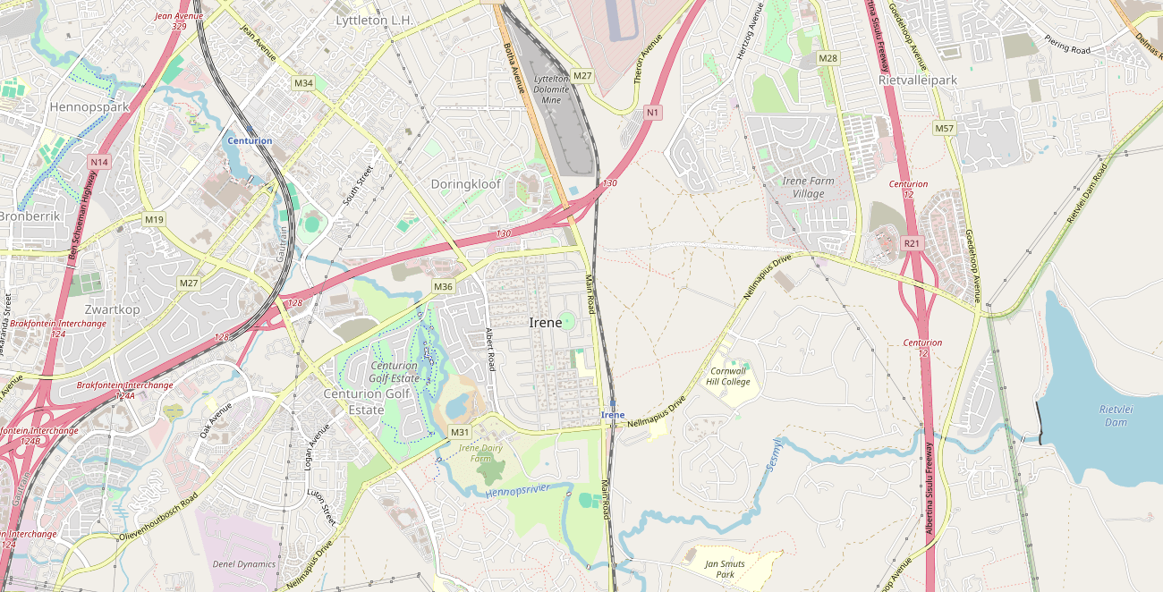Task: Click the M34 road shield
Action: (304, 83)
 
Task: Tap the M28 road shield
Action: (828, 58)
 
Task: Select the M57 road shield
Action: (945, 128)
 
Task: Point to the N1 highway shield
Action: (653, 112)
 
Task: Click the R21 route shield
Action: (912, 242)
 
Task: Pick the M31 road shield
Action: (460, 433)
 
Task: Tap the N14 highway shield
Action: (98, 162)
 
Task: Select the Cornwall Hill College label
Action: (729, 376)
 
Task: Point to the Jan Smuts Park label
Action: (725, 569)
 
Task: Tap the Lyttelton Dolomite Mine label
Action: (551, 89)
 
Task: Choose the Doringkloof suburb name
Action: (466, 183)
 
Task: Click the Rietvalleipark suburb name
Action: (918, 80)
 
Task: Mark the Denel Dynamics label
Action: (244, 564)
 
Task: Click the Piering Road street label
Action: (1067, 45)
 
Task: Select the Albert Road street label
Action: (490, 350)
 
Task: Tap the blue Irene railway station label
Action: (613, 415)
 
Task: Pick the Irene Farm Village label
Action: (809, 187)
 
